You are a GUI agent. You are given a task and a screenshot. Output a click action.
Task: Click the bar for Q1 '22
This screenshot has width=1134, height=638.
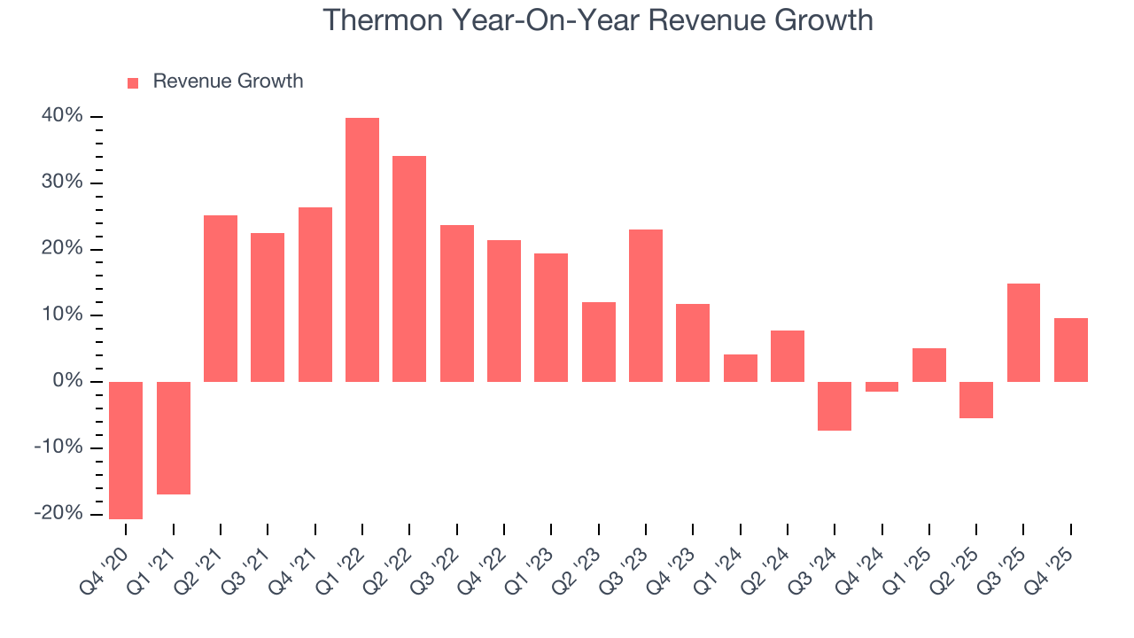pos(362,250)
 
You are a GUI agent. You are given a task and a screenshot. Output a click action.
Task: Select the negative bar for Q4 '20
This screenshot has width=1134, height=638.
pos(126,450)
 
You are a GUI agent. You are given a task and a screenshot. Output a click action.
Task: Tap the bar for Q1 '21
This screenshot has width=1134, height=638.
pos(174,438)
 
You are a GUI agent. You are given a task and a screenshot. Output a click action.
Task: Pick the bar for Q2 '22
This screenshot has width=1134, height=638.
pos(409,268)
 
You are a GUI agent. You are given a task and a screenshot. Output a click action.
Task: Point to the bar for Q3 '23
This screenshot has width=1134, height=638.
pos(646,306)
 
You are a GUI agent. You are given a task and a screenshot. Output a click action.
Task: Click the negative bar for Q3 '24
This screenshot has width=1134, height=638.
pos(835,406)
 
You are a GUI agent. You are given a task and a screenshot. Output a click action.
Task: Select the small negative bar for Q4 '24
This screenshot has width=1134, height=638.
pos(882,386)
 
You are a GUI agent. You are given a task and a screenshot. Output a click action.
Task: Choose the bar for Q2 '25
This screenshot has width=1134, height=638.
pos(976,400)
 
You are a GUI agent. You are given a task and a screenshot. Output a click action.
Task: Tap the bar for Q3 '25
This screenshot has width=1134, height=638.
pos(1023,332)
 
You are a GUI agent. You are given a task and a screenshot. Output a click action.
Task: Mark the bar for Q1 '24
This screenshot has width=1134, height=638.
pos(741,368)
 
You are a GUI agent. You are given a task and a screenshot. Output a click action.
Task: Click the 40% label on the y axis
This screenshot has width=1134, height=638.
pos(61,116)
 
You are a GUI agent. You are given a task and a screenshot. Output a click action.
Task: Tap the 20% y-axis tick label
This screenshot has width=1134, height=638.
pos(61,249)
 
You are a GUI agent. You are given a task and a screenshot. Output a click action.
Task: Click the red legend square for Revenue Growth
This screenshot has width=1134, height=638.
pos(133,82)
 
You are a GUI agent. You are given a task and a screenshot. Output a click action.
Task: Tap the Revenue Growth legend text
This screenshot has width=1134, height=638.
pos(228,82)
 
